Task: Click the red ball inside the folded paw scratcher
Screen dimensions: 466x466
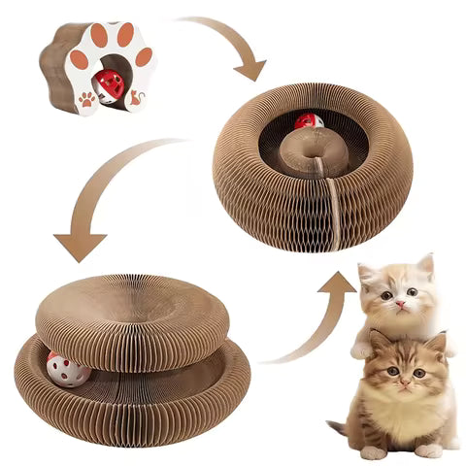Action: (x=110, y=84)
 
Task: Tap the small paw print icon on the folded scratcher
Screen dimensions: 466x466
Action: (x=87, y=98)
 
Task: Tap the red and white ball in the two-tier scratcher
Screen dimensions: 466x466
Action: (x=68, y=369)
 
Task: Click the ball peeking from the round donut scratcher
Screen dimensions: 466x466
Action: (x=310, y=122)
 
